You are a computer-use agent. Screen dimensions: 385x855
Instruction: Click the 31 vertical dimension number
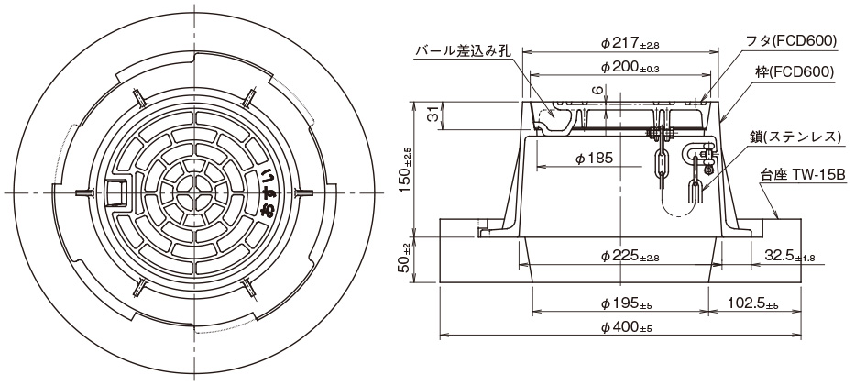click(433, 115)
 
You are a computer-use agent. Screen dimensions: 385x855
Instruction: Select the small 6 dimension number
click(595, 90)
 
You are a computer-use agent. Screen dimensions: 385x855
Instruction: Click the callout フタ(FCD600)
click(792, 41)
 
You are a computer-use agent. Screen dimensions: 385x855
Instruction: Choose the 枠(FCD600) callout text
click(796, 70)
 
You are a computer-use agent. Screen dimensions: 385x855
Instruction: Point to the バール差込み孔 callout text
click(462, 52)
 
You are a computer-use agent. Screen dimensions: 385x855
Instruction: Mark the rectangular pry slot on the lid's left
click(116, 193)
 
